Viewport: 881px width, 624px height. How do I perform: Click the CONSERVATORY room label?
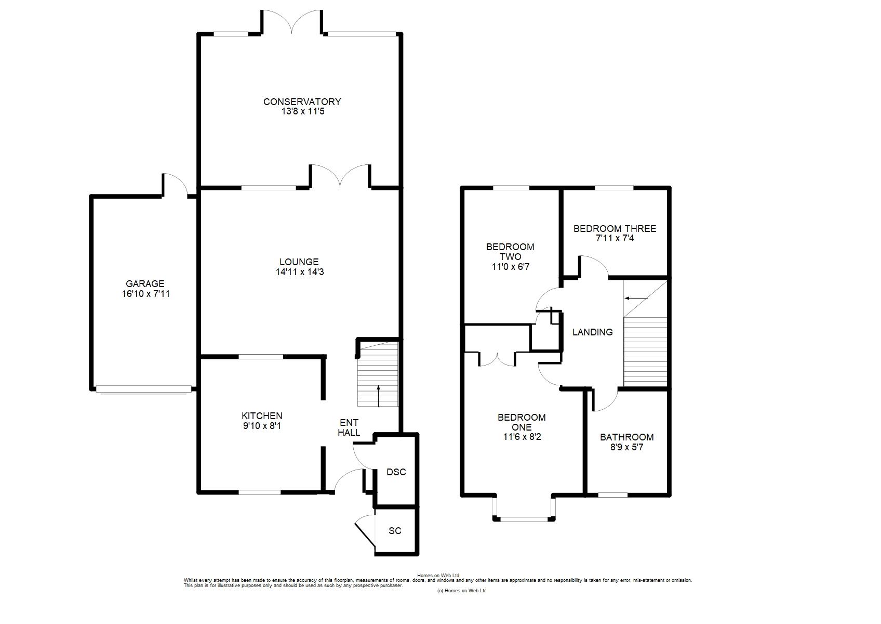302,101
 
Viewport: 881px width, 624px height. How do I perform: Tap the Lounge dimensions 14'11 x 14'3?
300,271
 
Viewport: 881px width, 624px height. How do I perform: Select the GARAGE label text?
145,283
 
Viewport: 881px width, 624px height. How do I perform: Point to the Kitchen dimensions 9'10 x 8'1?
262,425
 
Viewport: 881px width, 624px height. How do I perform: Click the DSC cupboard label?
396,472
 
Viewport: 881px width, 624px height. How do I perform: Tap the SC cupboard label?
395,531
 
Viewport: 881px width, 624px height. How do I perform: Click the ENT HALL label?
349,427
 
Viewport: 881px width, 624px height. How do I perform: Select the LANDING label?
592,332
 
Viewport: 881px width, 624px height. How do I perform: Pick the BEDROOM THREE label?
615,229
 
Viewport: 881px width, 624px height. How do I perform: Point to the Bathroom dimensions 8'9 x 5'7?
627,447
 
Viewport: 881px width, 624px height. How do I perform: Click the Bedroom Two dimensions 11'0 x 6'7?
511,267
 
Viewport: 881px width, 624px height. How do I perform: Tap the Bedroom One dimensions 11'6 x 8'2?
522,437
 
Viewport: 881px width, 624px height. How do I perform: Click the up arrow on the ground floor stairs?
378,396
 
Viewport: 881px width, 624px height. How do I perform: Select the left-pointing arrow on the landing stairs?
636,298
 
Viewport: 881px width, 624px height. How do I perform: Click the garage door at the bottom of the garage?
143,389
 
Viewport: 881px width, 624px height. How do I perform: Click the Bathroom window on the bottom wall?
613,495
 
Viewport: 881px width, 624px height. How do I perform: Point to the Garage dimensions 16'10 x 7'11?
145,294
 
